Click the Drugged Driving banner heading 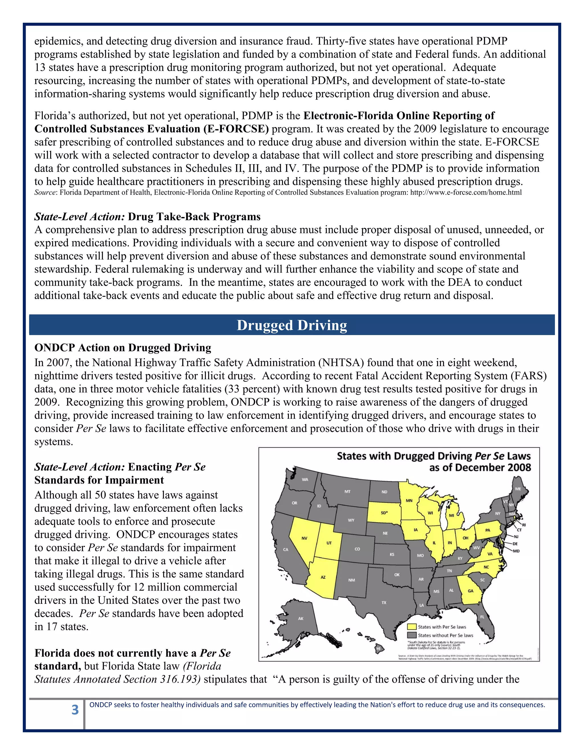(292, 325)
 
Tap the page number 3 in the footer (75, 710)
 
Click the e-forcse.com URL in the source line (466, 193)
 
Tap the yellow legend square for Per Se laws (412, 627)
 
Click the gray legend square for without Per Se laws (412, 635)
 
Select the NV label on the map (305, 538)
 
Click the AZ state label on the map (323, 577)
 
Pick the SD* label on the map (384, 513)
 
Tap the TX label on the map (384, 603)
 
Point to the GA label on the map (471, 591)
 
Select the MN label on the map (409, 500)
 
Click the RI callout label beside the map (524, 525)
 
